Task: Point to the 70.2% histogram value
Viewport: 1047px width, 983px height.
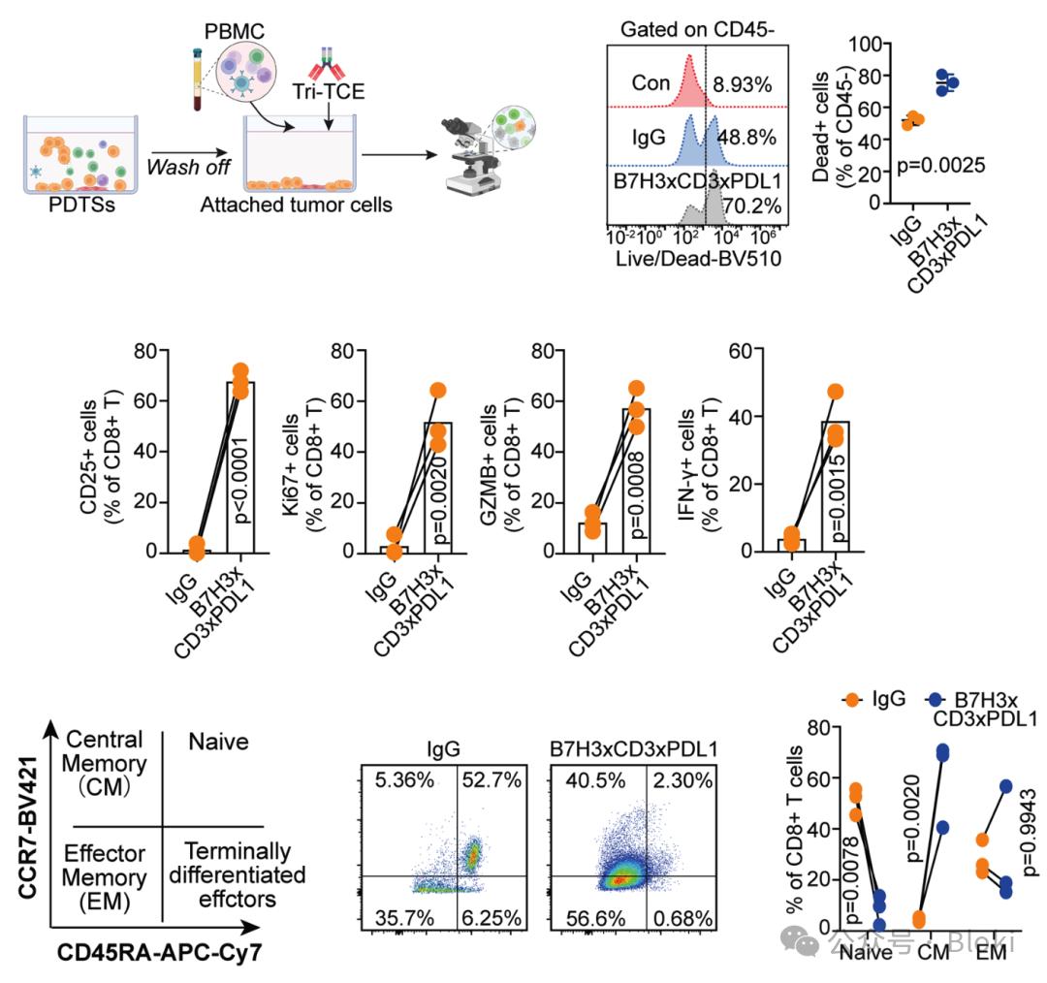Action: pyautogui.click(x=742, y=205)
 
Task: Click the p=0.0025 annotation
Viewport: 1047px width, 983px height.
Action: pyautogui.click(x=927, y=165)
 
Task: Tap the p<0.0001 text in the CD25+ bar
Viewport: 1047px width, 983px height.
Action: pyautogui.click(x=239, y=476)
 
